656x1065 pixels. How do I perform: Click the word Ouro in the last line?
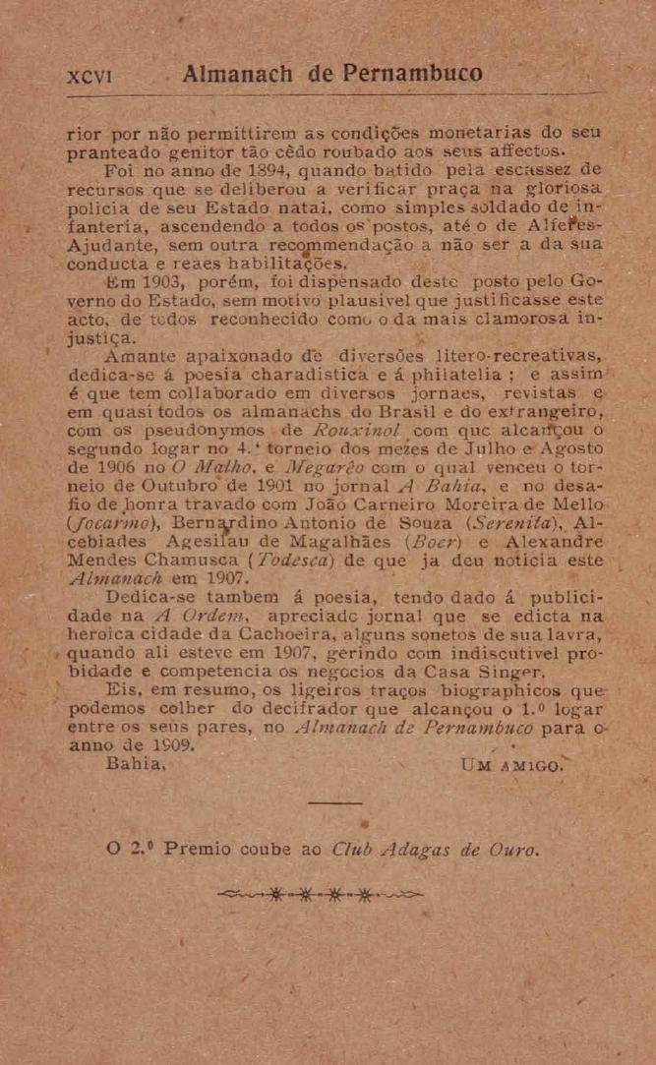pos(511,851)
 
